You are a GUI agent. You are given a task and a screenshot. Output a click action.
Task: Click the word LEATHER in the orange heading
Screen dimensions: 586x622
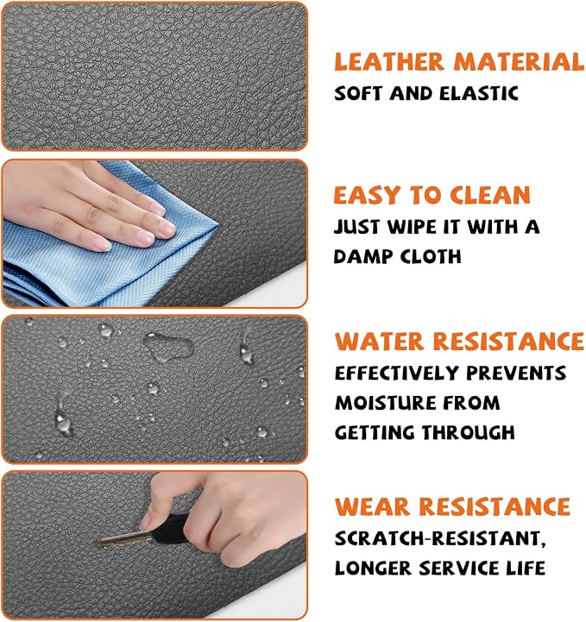389,62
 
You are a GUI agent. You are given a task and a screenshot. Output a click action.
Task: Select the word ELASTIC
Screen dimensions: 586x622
479,94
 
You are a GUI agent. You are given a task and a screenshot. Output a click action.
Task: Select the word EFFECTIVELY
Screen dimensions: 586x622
397,374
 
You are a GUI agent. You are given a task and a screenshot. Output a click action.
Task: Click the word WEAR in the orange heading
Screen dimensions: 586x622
372,506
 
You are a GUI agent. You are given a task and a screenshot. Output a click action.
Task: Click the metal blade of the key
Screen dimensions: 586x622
126,538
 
